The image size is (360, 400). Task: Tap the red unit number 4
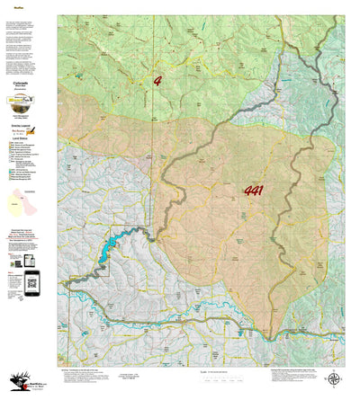click(158, 80)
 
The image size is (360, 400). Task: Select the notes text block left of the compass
click(288, 372)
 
